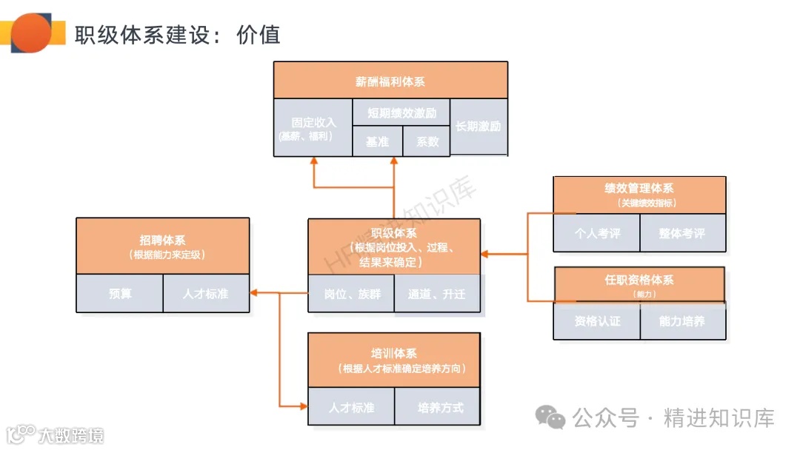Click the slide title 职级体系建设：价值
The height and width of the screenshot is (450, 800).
[x=177, y=35]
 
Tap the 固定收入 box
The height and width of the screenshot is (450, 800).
[x=313, y=127]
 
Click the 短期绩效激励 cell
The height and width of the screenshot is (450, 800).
[x=401, y=113]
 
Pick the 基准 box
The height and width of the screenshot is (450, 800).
[x=377, y=141]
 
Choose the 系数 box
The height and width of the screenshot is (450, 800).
[x=427, y=141]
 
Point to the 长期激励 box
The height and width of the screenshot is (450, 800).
[x=479, y=127]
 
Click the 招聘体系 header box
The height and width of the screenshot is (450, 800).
[x=163, y=246]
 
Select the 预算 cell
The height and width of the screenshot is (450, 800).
[x=120, y=294]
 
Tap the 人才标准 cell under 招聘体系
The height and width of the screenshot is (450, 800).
[x=206, y=294]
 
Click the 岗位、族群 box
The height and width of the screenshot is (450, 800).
[x=352, y=294]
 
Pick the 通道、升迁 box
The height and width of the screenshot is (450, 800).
[x=437, y=294]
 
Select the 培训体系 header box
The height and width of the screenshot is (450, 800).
[x=394, y=360]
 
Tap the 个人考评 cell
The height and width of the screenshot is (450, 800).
[x=597, y=233]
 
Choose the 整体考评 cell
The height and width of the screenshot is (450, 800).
[x=682, y=233]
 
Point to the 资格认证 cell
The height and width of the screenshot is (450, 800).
[x=597, y=321]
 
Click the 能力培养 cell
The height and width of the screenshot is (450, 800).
[x=682, y=321]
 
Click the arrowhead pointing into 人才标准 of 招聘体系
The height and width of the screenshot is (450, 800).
[x=254, y=293]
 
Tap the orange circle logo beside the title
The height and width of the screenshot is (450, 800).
[x=31, y=33]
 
